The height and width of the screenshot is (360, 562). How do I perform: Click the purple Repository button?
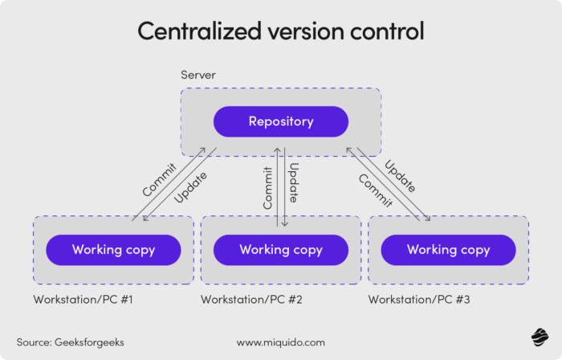(280, 121)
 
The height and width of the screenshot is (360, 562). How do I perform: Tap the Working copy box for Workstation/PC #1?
(113, 249)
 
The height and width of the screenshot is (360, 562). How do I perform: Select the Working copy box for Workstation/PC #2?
(280, 249)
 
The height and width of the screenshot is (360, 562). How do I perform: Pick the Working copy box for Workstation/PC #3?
(448, 249)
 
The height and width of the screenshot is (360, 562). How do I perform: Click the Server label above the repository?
(198, 76)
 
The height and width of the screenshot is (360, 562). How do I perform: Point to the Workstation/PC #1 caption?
(83, 300)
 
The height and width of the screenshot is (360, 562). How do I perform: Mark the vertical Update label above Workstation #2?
(294, 183)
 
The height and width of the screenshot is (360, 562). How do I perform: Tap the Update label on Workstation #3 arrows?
(399, 176)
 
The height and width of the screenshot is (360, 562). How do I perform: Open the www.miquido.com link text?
(280, 342)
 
